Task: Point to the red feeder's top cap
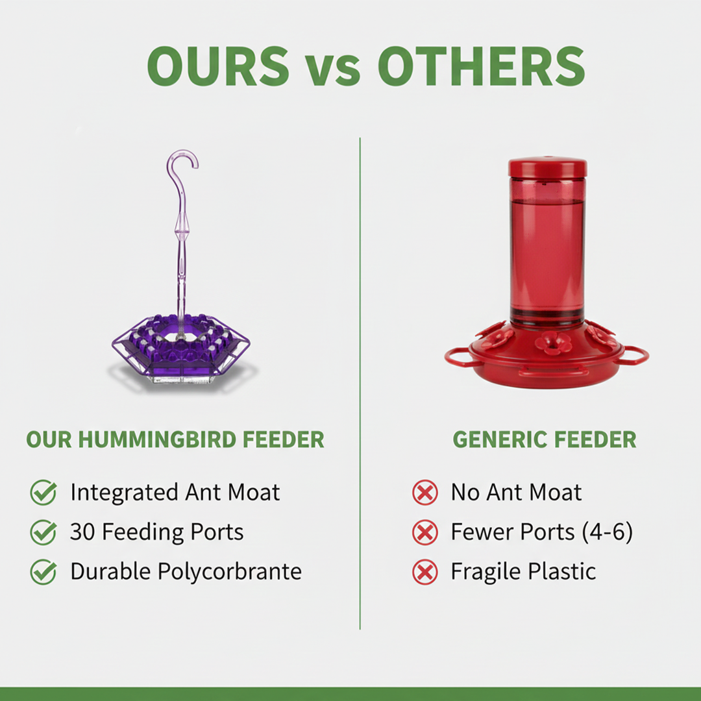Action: pyautogui.click(x=547, y=167)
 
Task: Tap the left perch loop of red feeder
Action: pyautogui.click(x=458, y=356)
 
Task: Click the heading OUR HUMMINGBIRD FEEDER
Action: pyautogui.click(x=175, y=439)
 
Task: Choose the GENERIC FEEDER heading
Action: pyautogui.click(x=544, y=439)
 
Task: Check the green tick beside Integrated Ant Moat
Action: pyautogui.click(x=43, y=493)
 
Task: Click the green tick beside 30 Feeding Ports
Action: pyautogui.click(x=43, y=532)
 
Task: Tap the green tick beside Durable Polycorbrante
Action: pyautogui.click(x=43, y=572)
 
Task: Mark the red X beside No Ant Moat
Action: pyautogui.click(x=425, y=493)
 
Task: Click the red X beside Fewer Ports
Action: pyautogui.click(x=425, y=532)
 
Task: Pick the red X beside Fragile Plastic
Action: pyautogui.click(x=425, y=572)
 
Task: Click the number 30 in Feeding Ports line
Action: pyautogui.click(x=83, y=532)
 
